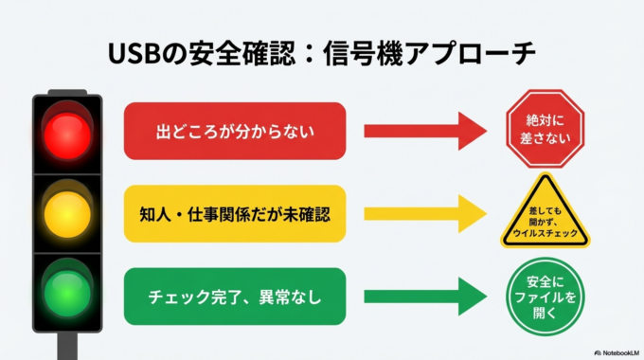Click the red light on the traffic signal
(66, 135)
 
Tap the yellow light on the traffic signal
(66, 212)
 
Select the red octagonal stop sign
(545, 130)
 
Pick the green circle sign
(545, 296)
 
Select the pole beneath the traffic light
(66, 345)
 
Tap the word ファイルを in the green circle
(545, 297)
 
